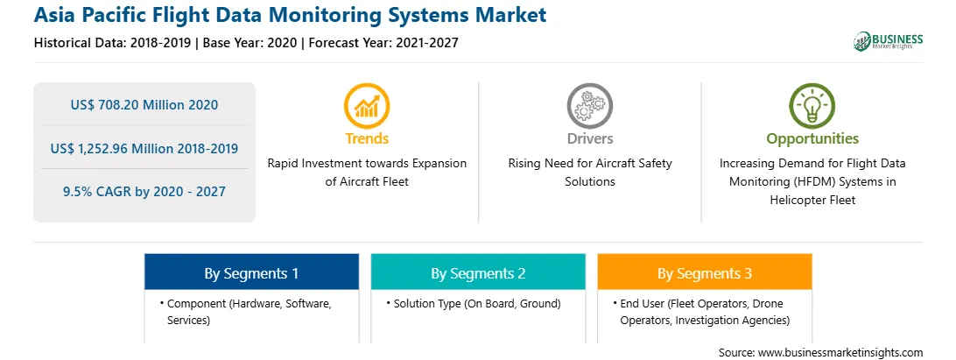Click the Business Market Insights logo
point(888,41)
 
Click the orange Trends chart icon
point(367,106)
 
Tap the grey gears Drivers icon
point(589,106)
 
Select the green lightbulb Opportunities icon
point(812,106)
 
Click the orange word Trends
point(367,138)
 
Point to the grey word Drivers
point(590,138)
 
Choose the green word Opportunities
point(812,139)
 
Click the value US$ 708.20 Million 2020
point(144,105)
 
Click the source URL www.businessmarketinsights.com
point(840,352)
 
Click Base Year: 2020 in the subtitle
point(250,43)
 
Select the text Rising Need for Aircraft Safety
point(590,164)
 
